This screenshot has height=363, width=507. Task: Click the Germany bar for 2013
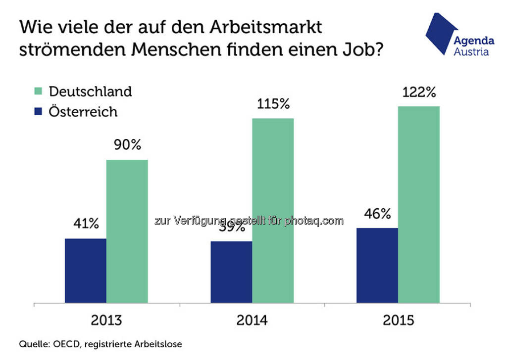127,231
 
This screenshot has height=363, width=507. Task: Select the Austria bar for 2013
85,271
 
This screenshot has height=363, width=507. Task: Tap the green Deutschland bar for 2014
273,210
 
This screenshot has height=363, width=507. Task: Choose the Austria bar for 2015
377,265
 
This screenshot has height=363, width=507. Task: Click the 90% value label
127,145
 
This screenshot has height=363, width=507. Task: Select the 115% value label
273,104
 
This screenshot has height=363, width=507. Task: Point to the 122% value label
419,92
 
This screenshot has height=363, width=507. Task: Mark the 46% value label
377,214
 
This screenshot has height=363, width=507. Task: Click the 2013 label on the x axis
106,320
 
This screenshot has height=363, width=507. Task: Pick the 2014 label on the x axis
252,320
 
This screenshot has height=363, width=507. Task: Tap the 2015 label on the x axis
398,320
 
